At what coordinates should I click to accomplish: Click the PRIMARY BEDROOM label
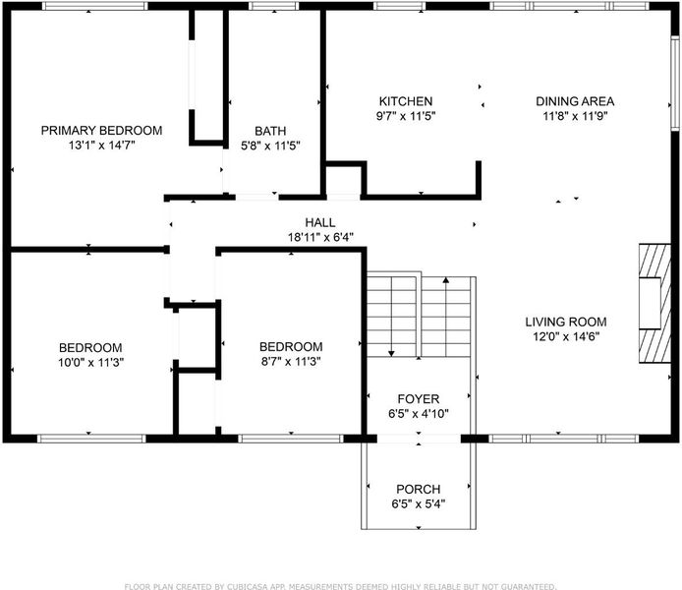coord(101,131)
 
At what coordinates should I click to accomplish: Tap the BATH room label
coord(270,131)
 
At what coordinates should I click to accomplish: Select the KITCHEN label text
coord(406,101)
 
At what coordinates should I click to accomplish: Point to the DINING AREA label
coord(575,101)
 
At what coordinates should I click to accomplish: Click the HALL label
coord(320,223)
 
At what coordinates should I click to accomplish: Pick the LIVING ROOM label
coord(566,322)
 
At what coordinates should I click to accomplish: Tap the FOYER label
coord(419,399)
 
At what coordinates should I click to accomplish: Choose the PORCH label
coord(419,489)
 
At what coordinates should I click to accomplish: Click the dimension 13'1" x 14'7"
coord(102,146)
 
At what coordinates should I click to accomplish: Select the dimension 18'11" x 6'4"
coord(320,238)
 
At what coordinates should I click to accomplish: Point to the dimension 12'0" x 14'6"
coord(566,336)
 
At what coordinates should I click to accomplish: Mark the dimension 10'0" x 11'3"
coord(91,363)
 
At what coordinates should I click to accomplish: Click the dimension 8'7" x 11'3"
coord(291,362)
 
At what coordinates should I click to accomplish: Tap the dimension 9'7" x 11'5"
coord(406,116)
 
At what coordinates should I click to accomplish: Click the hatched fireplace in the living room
coord(654,303)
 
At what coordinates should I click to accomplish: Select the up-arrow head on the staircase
coord(446,280)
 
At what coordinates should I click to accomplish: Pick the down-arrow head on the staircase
coord(391,353)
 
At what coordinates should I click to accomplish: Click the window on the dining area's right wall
coord(674,84)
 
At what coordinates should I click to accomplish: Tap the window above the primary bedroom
coord(94,6)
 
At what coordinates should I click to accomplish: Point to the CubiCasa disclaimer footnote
coord(341,586)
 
